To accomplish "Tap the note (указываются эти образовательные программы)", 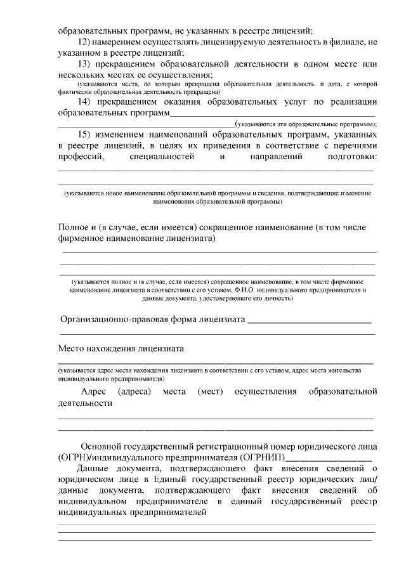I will [x=305, y=125].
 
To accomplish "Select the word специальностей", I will [x=164, y=158].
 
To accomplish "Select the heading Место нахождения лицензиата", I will [x=121, y=348].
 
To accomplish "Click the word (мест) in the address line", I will [x=210, y=392].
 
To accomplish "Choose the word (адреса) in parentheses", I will [x=134, y=392].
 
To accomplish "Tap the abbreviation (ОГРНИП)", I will [x=261, y=457].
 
